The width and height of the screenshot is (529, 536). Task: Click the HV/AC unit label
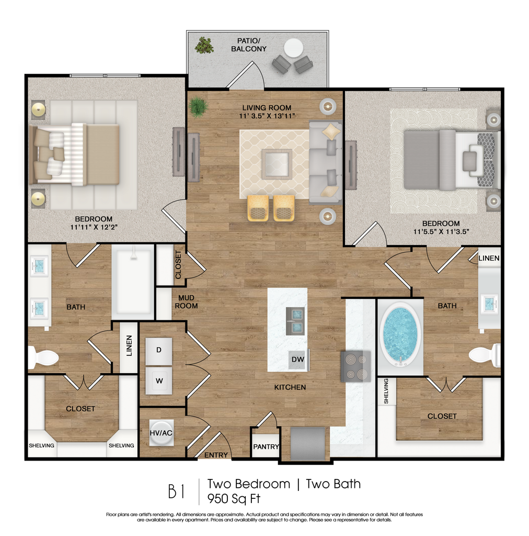click(161, 433)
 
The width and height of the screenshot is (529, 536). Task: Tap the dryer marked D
click(159, 351)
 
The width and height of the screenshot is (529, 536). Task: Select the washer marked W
click(159, 381)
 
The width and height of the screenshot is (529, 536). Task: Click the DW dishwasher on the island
click(298, 360)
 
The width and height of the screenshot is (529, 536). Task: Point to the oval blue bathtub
click(400, 333)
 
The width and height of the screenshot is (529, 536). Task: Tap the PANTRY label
click(266, 447)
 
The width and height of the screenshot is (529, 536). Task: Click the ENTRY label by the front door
click(216, 455)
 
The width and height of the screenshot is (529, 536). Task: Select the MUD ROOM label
click(186, 302)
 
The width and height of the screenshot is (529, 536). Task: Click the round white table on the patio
click(293, 48)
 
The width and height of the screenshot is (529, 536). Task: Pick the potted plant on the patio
click(204, 46)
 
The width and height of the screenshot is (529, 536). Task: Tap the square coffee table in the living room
click(277, 164)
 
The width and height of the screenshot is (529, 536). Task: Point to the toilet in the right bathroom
click(485, 355)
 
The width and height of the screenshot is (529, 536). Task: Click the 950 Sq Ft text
click(234, 499)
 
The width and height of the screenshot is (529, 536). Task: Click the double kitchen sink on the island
click(295, 321)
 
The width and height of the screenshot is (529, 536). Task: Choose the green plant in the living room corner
click(198, 106)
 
